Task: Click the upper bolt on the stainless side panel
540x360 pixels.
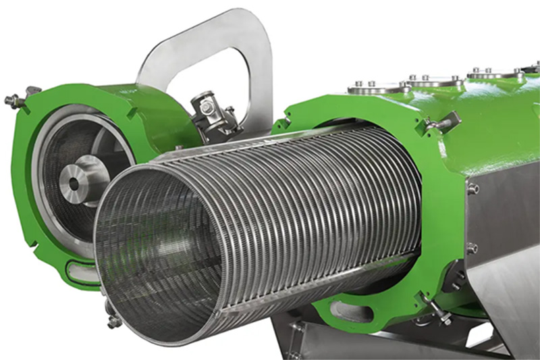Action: click(x=473, y=188)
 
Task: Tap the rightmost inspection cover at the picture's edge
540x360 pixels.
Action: click(x=530, y=68)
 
